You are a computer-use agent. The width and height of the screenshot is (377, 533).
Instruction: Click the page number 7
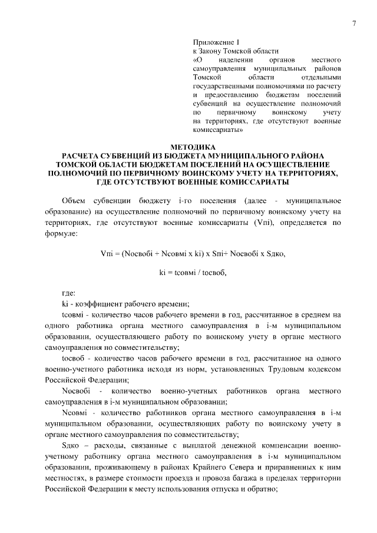[354, 24]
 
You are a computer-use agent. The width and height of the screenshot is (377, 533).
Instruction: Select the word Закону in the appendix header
[212, 51]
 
